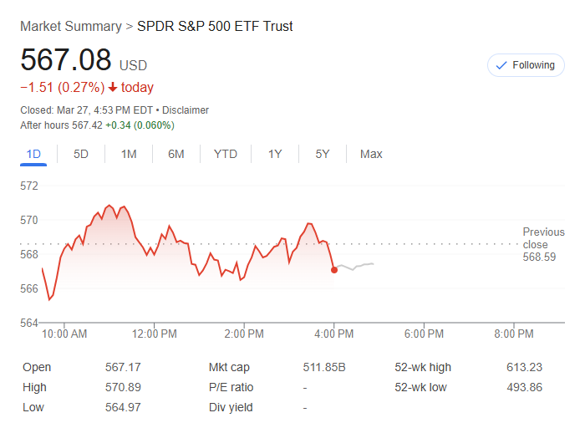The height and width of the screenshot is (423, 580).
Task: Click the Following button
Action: coord(526,65)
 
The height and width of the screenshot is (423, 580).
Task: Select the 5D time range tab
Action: coord(81,154)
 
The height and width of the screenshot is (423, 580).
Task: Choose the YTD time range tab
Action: coord(225,154)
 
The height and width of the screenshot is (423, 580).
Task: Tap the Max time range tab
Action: coord(371,154)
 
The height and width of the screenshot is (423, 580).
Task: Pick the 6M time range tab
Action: coord(176,154)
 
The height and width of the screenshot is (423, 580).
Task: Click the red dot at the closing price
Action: coord(334,269)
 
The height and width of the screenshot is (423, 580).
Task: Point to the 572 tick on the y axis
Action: coord(29,186)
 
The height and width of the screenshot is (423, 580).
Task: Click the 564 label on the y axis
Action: coord(29,323)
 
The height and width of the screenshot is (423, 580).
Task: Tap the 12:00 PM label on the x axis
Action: coord(155,334)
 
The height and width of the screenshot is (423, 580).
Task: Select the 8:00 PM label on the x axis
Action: coord(513,334)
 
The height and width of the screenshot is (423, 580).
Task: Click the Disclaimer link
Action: coord(186,110)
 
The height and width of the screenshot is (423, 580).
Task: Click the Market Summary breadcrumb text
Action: coord(70,26)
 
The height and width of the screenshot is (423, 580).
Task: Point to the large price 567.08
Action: coord(65,60)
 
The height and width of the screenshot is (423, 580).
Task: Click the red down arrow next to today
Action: coord(113,88)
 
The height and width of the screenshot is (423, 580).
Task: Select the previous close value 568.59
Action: coord(539,257)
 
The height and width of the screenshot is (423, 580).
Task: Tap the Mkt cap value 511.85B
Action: coord(324,367)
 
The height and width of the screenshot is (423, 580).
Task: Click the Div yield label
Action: coord(231,407)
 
